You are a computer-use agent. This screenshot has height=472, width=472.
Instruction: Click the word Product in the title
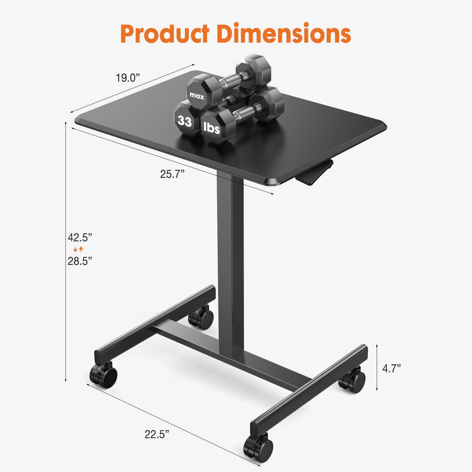pos(165,33)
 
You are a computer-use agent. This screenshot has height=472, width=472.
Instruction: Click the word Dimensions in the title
pos(284,33)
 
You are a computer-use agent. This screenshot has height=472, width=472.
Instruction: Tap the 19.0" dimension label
pos(127,78)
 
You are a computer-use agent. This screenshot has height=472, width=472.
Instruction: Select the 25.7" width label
pos(172,174)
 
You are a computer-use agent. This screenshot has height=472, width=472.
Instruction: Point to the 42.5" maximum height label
pos(80,237)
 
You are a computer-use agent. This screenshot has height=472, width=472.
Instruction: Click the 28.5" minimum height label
pos(80,261)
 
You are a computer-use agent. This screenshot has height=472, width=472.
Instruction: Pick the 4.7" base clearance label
pos(391,368)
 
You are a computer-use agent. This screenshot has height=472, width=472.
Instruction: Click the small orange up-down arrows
pos(78,249)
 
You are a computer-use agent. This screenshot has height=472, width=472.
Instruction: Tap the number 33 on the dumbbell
pos(185,121)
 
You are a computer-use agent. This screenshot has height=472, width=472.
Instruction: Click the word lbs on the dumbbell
pos(212,128)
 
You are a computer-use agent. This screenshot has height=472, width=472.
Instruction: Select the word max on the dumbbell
pos(197,96)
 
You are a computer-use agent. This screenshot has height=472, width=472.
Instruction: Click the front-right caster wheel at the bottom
pos(258,448)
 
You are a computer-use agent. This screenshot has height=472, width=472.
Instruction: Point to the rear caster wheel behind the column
pos(201,317)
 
